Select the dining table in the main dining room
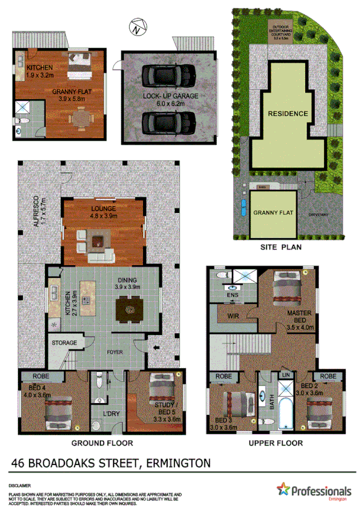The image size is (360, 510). [128, 308]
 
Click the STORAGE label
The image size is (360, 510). [64, 343]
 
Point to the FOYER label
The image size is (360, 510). [115, 352]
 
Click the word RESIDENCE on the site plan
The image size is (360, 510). [288, 113]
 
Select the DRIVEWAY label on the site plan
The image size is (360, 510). [320, 214]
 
